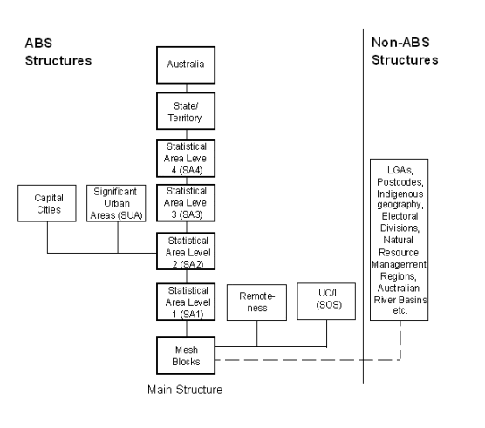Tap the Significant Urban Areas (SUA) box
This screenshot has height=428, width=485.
coord(116,203)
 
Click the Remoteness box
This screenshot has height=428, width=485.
coord(257,302)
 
